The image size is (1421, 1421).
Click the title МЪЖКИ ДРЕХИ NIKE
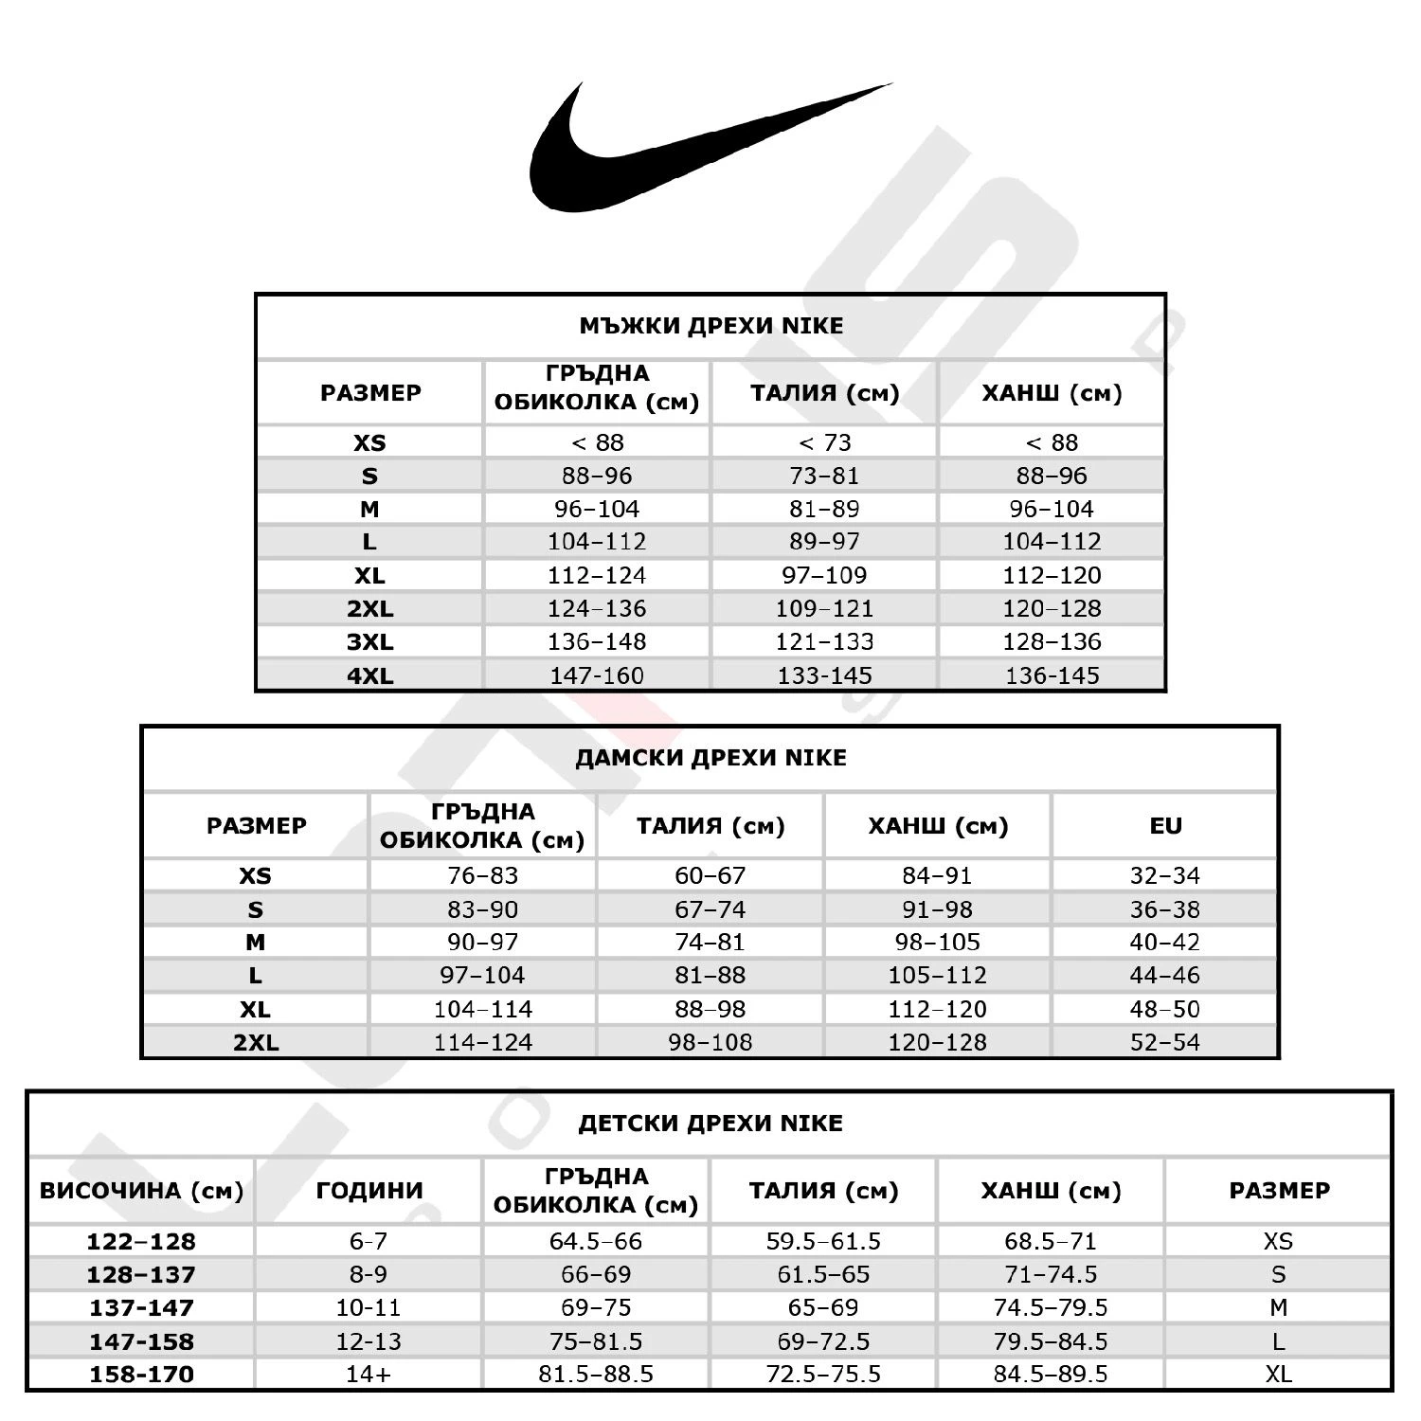pos(710,326)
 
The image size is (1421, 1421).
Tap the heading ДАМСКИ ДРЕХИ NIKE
pos(710,758)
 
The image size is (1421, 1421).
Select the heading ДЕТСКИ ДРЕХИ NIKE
pos(710,1124)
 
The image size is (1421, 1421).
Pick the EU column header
pos(1165,826)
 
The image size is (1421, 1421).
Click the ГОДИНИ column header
pos(369,1191)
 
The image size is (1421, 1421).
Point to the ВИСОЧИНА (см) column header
pos(141,1191)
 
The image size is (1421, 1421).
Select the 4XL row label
pos(369,675)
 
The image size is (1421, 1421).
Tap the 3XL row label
pos(369,642)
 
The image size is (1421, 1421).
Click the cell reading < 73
pos(824,442)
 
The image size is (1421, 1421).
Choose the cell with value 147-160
pos(597,675)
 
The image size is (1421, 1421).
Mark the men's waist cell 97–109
pos(824,575)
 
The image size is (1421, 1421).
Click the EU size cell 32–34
pos(1165,875)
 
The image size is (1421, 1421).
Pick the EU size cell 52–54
pos(1165,1042)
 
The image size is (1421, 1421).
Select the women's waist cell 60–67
pos(710,875)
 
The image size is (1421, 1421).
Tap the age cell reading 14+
pos(369,1374)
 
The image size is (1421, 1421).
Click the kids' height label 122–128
pos(141,1241)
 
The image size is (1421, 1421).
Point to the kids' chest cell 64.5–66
pos(596,1241)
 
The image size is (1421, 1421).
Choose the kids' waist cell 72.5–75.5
pos(823,1374)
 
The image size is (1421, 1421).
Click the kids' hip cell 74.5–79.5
pos(1051,1307)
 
